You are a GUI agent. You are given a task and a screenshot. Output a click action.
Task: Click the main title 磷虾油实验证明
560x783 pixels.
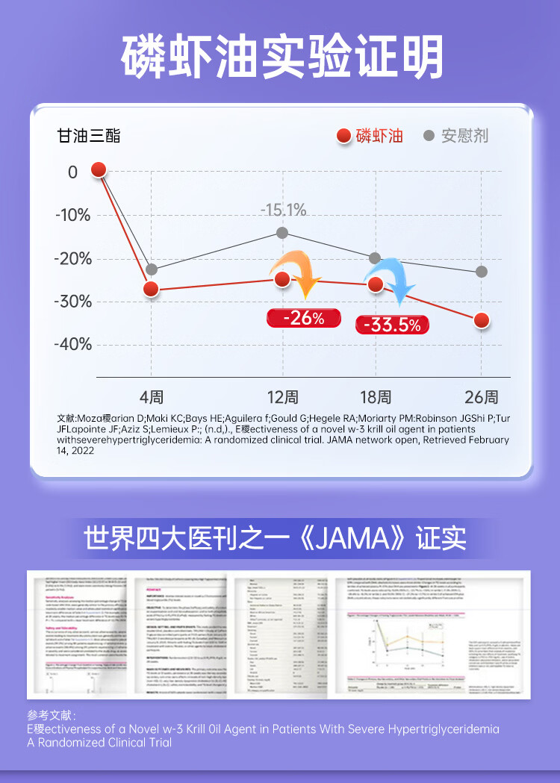coord(280,56)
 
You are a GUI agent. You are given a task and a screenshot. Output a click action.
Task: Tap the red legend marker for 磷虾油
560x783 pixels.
coord(344,136)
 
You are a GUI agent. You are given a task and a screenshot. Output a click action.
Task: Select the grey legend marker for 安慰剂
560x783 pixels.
coord(429,136)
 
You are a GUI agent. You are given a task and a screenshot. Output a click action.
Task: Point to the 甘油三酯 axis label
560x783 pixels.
coord(89,136)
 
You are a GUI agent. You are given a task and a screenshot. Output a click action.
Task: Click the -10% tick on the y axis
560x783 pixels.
coord(72,216)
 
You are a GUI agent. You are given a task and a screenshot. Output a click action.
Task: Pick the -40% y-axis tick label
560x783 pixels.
coord(72,345)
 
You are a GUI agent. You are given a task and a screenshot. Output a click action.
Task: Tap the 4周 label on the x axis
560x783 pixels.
coord(152,397)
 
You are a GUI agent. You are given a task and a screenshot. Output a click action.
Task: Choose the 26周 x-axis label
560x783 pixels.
coord(482,397)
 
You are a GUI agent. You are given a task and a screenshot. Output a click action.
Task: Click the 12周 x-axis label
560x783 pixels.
coord(282,397)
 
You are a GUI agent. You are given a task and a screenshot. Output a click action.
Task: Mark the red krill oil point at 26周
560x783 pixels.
coord(482,320)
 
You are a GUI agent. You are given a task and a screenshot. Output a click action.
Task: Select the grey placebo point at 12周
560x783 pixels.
coord(282,233)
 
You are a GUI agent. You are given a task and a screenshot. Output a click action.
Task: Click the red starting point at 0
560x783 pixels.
coord(99,169)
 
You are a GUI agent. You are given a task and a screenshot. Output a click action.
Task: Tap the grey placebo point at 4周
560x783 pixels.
coord(152,269)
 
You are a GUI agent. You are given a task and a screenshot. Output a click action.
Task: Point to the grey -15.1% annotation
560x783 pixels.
coord(283,210)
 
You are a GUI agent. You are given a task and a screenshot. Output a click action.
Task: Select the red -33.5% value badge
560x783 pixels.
coord(391,325)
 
